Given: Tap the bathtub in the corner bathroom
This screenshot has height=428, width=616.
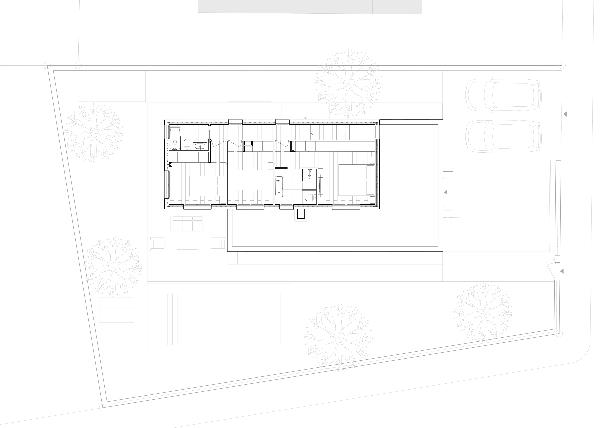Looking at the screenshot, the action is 175,138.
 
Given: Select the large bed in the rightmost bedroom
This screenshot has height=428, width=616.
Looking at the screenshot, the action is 352,180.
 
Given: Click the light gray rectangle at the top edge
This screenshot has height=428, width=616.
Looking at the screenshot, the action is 310,7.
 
